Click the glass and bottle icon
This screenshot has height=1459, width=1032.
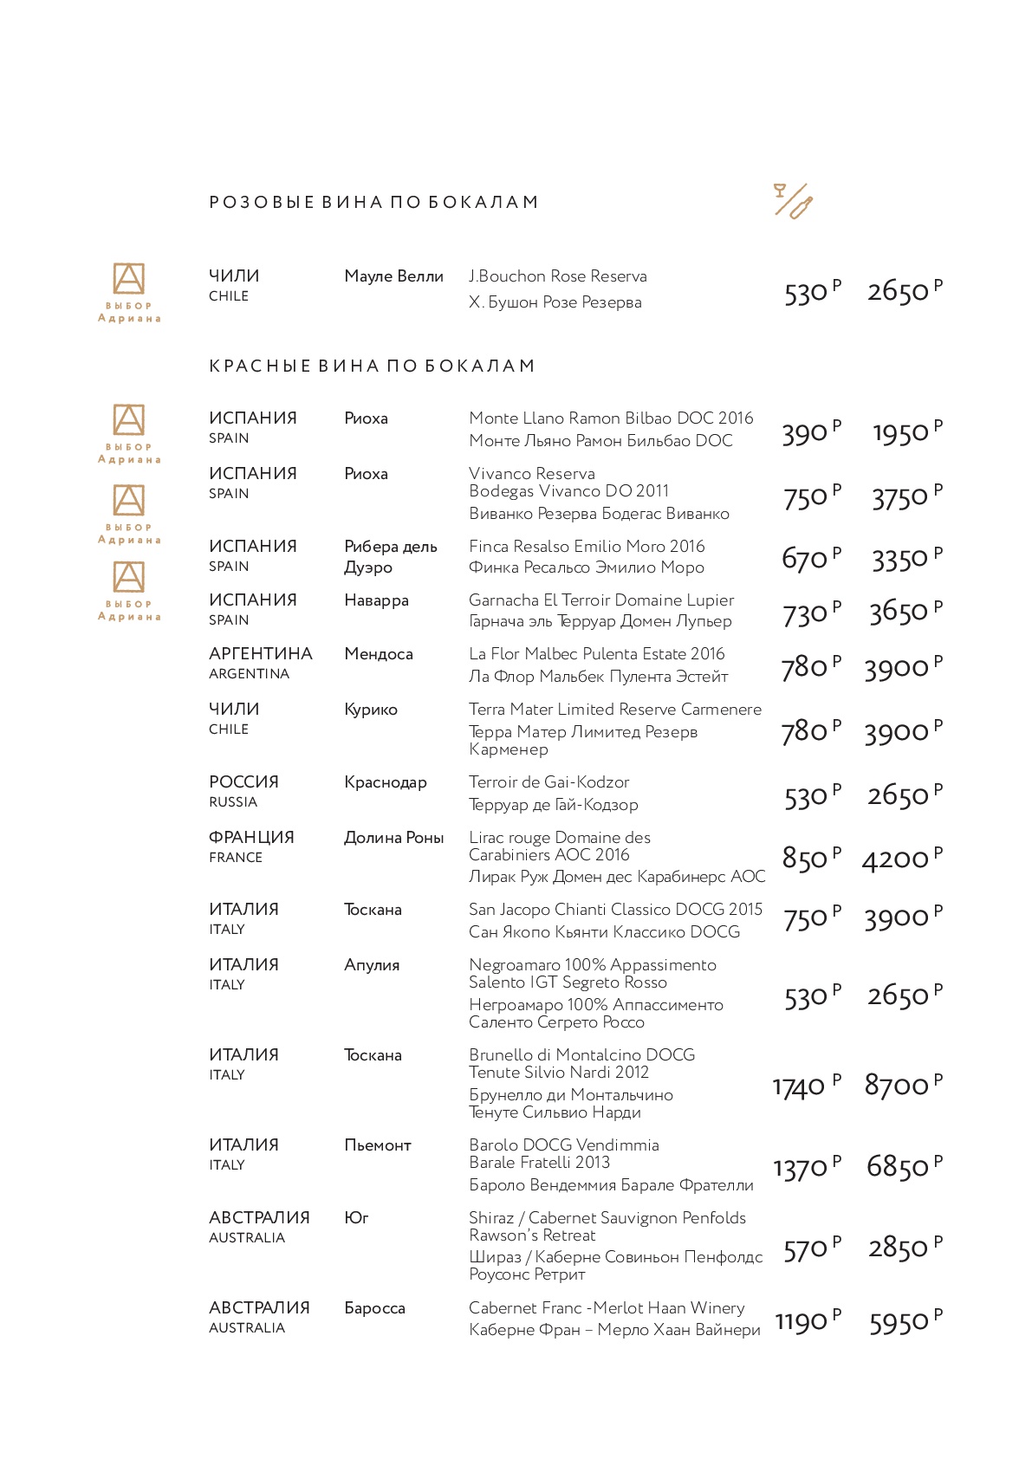point(793,201)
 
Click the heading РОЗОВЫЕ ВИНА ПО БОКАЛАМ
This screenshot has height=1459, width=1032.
point(373,203)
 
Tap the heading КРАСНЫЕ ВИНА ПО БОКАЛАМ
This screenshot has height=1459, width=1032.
point(372,366)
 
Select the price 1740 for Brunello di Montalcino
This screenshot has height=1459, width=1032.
point(799,1086)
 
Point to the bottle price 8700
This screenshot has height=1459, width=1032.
point(896,1085)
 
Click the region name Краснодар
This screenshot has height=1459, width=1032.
point(386,783)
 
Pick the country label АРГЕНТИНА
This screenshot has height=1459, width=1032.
point(260,654)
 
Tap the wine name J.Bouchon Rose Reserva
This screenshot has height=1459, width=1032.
point(558,276)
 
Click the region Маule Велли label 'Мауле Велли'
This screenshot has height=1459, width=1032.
point(393,276)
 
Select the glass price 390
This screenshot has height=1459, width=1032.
point(805,433)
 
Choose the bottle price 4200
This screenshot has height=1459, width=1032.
point(895,859)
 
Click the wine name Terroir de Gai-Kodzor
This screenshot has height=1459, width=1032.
point(549,782)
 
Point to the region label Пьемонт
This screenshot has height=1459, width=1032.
point(378,1145)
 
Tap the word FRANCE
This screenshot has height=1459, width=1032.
point(236,858)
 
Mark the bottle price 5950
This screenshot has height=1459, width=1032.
point(899,1323)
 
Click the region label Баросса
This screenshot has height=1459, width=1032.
point(374,1308)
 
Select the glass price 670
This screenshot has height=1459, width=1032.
point(805,559)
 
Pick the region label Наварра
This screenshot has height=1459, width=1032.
point(376,600)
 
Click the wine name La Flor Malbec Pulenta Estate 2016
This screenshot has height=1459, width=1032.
point(597,654)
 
